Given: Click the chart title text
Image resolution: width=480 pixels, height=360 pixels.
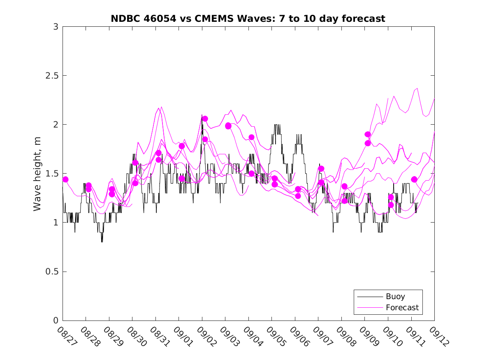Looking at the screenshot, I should [x=248, y=19].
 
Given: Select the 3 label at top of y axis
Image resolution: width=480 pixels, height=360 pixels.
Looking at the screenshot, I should [x=55, y=27].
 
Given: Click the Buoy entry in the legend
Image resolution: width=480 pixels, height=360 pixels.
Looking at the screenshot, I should [x=395, y=296].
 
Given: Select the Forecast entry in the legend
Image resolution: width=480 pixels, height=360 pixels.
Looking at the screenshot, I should [x=402, y=307].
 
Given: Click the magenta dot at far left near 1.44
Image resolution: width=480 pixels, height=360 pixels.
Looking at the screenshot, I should [x=65, y=179].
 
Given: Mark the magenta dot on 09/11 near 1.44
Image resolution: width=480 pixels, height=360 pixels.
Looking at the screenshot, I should [x=414, y=179].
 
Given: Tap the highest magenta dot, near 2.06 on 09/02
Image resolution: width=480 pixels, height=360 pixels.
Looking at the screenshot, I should [x=205, y=118].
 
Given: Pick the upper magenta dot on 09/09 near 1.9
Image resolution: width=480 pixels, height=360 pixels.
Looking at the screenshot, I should [x=368, y=134].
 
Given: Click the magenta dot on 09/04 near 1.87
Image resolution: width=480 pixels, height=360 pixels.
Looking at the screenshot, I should [x=251, y=137].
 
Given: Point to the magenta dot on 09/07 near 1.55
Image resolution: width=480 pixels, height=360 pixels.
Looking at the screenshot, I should [x=321, y=169].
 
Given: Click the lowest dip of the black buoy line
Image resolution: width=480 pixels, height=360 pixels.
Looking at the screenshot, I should [x=102, y=242].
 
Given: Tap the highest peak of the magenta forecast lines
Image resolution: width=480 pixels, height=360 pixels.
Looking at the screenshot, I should [x=417, y=88].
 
